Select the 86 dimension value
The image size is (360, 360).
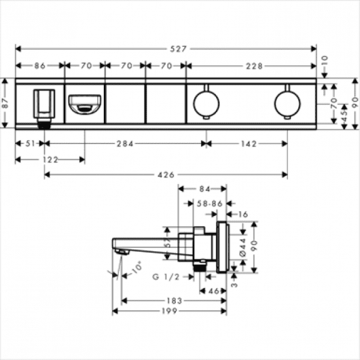(x=40, y=66)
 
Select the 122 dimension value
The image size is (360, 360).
(x=50, y=160)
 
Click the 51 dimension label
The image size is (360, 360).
(x=29, y=145)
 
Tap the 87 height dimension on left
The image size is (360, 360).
(x=5, y=103)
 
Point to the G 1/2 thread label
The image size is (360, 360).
(x=166, y=277)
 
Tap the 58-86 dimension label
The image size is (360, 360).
(x=210, y=204)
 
